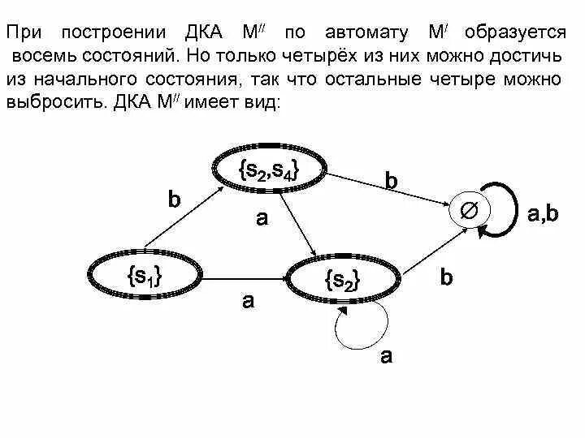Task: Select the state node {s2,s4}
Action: pyautogui.click(x=270, y=170)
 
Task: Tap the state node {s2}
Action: pyautogui.click(x=342, y=281)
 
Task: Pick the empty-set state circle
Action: pyautogui.click(x=469, y=212)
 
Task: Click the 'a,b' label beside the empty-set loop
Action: pyautogui.click(x=543, y=214)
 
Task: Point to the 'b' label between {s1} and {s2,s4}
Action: pyautogui.click(x=174, y=200)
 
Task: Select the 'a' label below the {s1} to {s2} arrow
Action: pyautogui.click(x=249, y=301)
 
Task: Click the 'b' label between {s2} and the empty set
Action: pyautogui.click(x=446, y=277)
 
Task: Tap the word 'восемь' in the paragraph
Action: pyautogui.click(x=41, y=57)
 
